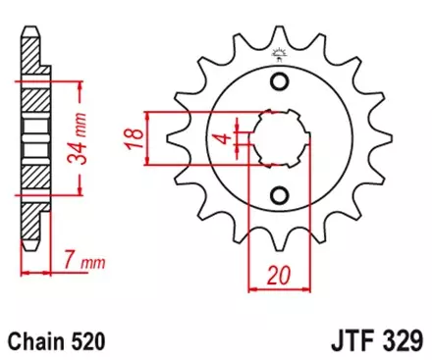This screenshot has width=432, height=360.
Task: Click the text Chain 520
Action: (57, 342)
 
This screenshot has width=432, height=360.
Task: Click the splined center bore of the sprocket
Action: (279, 137)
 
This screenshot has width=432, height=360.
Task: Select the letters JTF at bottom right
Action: (348, 342)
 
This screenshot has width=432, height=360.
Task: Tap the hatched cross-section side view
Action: (33, 142)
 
